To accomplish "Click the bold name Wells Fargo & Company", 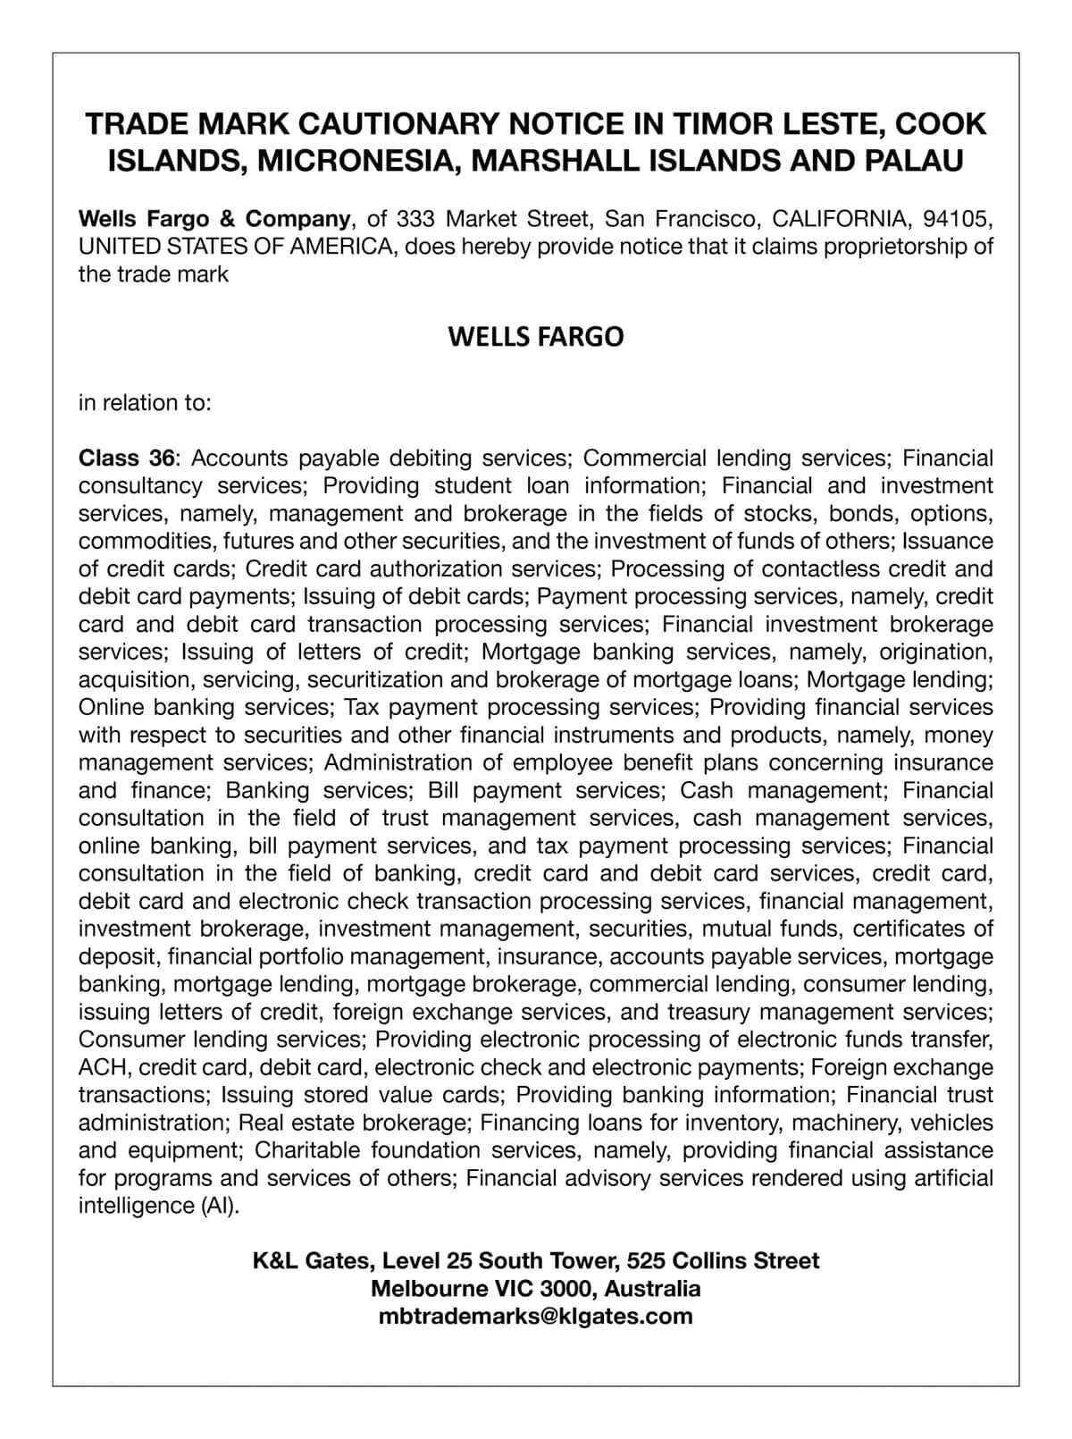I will pyautogui.click(x=214, y=219).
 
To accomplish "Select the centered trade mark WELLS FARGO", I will pyautogui.click(x=535, y=337).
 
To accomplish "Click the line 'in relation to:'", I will pyautogui.click(x=145, y=403).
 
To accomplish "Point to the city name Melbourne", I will pyautogui.click(x=429, y=1289).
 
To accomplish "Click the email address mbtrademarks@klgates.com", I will pyautogui.click(x=535, y=1317).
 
